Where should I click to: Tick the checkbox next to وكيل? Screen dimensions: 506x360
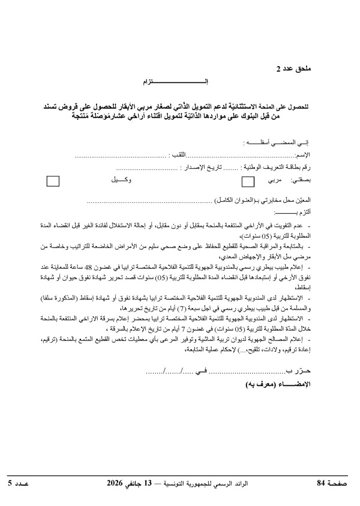[x=54, y=181]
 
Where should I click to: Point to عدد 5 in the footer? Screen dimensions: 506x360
[x=22, y=482]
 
